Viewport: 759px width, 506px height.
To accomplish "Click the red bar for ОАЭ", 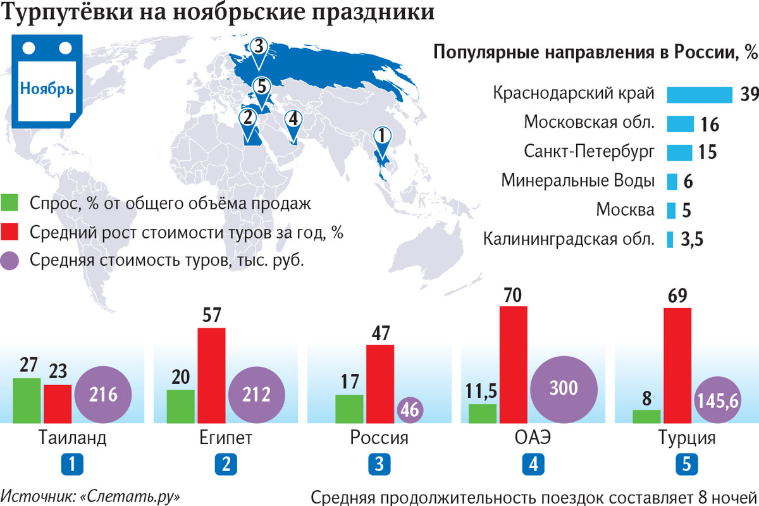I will pyautogui.click(x=513, y=364).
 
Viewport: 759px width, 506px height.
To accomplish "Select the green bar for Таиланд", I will pyautogui.click(x=27, y=400).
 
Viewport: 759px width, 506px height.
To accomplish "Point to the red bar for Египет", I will pyautogui.click(x=211, y=375).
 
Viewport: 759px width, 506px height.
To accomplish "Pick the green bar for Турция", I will pyautogui.click(x=646, y=416).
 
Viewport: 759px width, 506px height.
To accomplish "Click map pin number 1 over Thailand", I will pyautogui.click(x=383, y=136).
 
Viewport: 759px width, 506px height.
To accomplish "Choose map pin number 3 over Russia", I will pyautogui.click(x=258, y=47).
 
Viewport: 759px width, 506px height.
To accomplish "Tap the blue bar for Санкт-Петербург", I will pyautogui.click(x=680, y=152).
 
